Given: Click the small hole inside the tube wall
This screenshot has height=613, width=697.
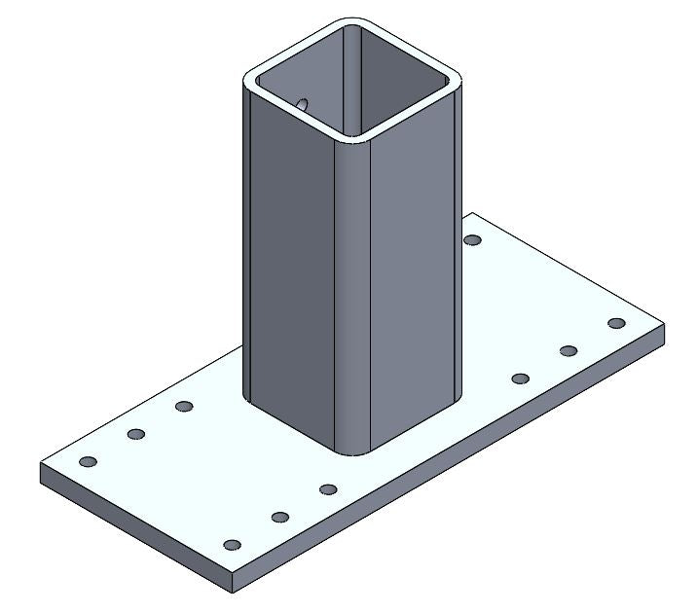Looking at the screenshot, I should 302,103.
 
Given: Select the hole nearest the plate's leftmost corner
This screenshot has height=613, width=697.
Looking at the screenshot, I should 88,461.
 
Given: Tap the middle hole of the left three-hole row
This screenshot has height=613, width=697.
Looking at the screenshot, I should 136,434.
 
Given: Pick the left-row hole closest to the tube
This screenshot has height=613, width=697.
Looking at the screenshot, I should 184,407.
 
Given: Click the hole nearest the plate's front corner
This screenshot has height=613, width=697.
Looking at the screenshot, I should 232,544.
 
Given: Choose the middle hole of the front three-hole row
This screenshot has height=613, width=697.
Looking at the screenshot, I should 280,517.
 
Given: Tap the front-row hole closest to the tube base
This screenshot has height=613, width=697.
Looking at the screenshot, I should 328,489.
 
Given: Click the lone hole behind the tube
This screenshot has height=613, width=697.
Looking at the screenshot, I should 473,239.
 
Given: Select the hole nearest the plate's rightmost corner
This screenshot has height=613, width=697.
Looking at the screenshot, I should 615,323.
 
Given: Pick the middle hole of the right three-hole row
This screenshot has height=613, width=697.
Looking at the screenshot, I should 569,350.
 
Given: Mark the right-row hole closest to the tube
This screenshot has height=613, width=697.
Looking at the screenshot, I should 520,378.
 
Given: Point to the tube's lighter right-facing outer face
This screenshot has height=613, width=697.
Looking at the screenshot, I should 414,282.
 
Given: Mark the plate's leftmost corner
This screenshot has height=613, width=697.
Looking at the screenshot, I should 41,465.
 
